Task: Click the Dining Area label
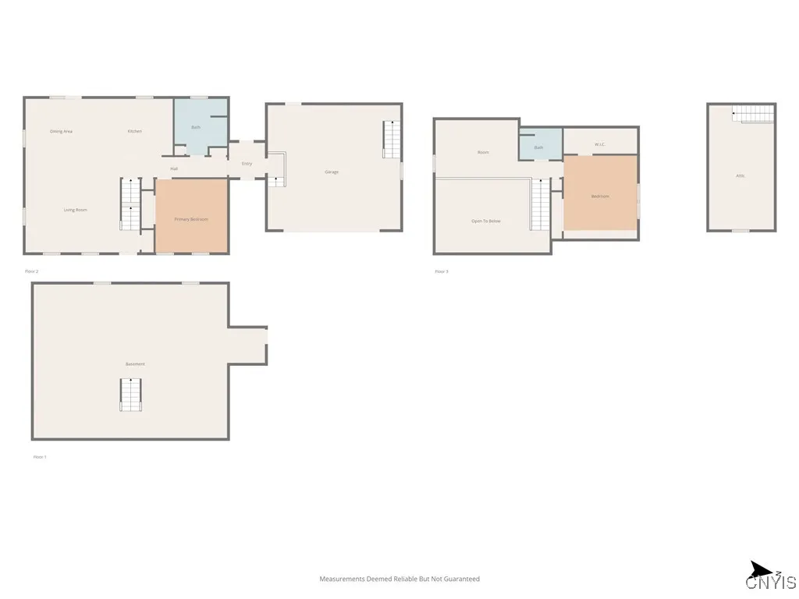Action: tap(62, 131)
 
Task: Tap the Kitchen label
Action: tap(135, 131)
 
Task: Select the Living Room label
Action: tap(75, 209)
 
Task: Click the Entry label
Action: tap(247, 164)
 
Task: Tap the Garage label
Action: tap(332, 172)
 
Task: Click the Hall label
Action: tap(175, 168)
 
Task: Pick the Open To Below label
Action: tap(485, 222)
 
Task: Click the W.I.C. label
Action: tap(600, 144)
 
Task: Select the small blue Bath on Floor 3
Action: tap(539, 145)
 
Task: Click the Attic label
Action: tap(740, 175)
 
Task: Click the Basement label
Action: tap(135, 364)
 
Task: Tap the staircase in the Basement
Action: tap(130, 394)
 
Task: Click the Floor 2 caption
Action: tap(32, 271)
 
